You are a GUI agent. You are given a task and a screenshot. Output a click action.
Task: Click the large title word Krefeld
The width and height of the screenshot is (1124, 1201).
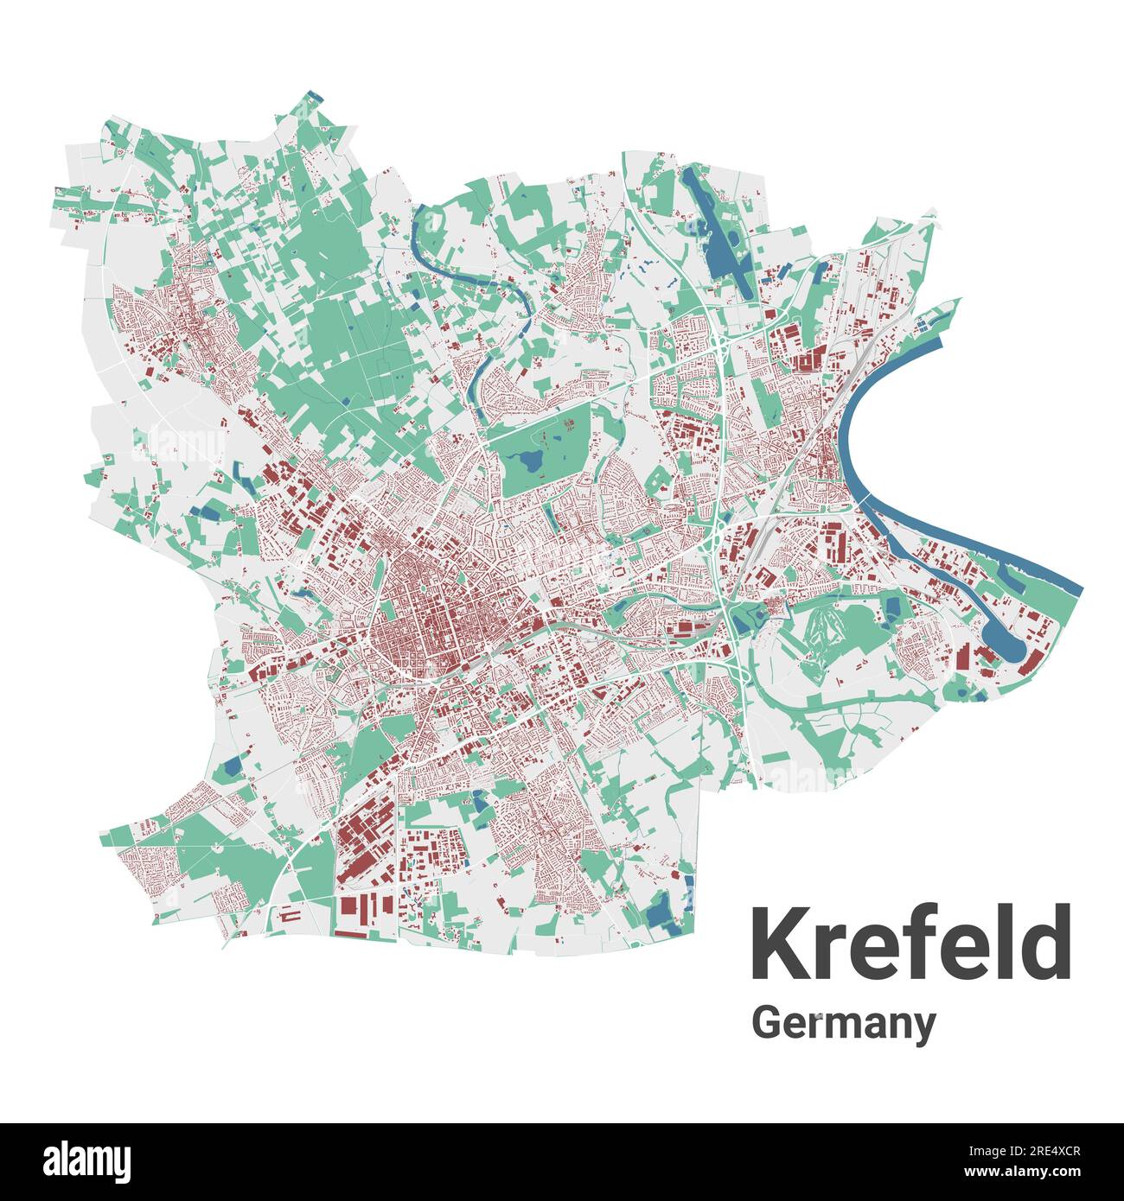tap(910, 943)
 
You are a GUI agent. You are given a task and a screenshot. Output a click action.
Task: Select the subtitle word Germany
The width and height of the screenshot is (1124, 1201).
tap(843, 1023)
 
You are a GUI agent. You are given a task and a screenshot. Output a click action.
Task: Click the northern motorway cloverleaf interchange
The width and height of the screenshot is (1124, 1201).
tap(719, 346)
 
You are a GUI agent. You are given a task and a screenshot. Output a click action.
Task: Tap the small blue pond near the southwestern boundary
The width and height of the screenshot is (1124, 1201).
tap(232, 766)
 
